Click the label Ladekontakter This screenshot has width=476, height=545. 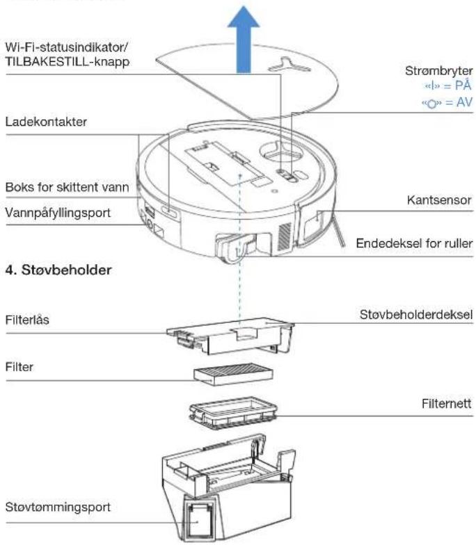46,122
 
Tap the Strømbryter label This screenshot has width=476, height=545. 438,71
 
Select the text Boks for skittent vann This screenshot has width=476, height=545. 67,188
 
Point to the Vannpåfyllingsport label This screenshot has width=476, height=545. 58,213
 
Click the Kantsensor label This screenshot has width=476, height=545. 439,200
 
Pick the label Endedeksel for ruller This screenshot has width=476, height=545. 415,243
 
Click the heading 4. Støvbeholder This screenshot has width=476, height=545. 58,270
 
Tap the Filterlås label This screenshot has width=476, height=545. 27,320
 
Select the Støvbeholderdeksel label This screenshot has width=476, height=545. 416,314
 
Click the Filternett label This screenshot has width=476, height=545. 447,403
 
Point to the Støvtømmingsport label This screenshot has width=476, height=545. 58,507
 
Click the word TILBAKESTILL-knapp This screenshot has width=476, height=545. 68,62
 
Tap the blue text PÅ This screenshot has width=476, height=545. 463,86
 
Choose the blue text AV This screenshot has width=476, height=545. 464,103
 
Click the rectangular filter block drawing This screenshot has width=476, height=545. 233,374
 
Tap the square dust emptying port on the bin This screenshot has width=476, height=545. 198,519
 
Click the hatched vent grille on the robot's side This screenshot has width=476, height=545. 285,236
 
